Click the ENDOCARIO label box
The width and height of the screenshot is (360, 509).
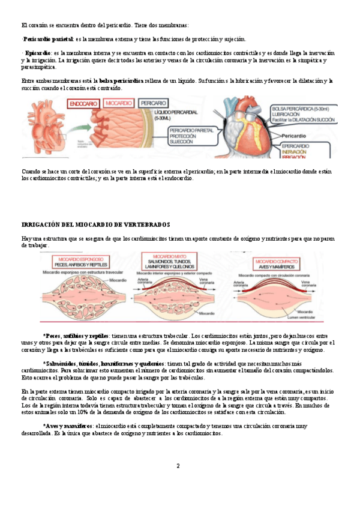[84, 103]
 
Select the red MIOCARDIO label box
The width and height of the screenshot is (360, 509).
[119, 103]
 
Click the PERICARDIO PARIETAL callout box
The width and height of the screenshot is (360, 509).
[191, 134]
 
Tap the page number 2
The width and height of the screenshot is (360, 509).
[178, 466]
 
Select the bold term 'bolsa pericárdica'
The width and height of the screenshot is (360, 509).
[121, 80]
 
